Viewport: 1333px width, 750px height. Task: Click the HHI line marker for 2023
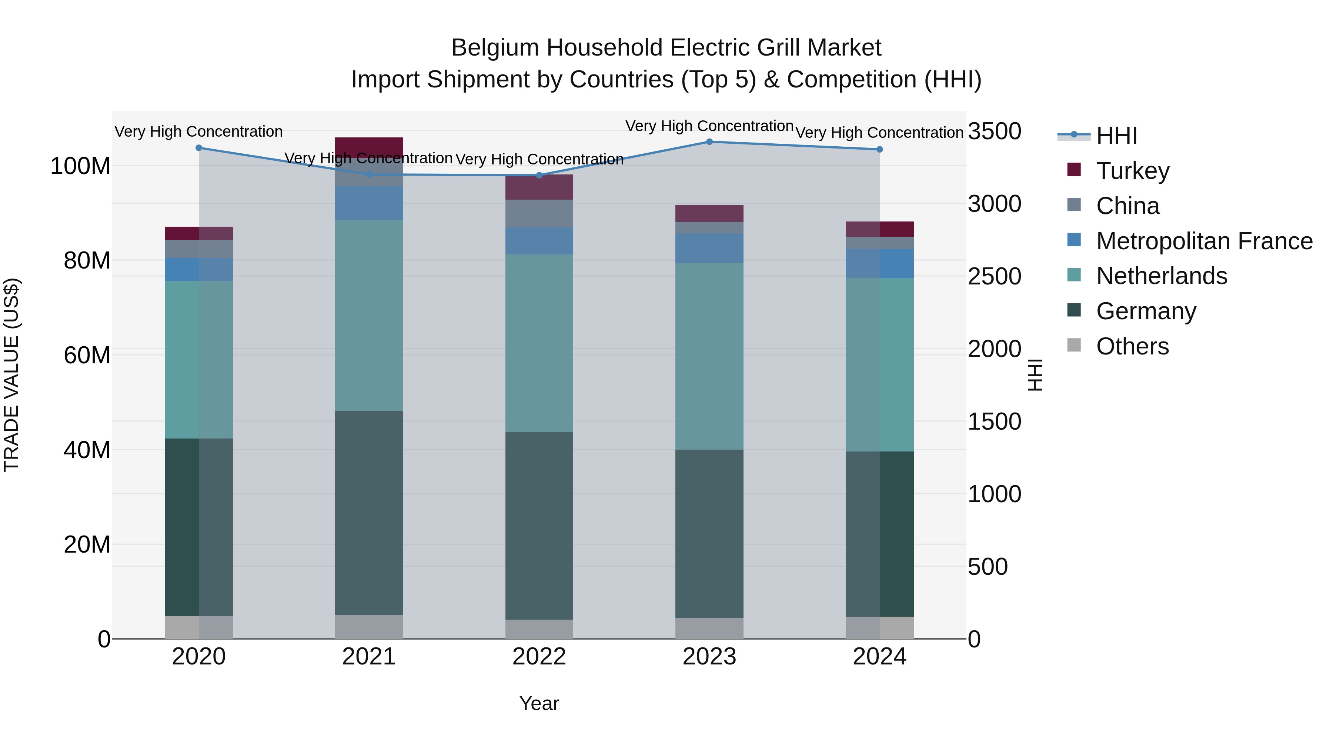(709, 142)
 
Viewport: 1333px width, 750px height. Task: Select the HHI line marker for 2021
(369, 174)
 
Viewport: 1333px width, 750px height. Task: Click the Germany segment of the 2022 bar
(539, 525)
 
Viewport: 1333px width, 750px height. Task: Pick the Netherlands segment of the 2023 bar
(709, 356)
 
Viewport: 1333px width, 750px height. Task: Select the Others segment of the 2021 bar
(369, 626)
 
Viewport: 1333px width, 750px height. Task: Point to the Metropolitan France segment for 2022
(539, 241)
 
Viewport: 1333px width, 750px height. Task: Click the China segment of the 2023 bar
(709, 227)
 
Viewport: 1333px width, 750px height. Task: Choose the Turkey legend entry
(1132, 171)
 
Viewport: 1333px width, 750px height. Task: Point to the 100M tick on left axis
(80, 167)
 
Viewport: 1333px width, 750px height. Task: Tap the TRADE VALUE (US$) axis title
(11, 375)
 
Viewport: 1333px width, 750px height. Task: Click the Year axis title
(539, 703)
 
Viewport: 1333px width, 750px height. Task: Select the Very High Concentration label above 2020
(199, 131)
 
